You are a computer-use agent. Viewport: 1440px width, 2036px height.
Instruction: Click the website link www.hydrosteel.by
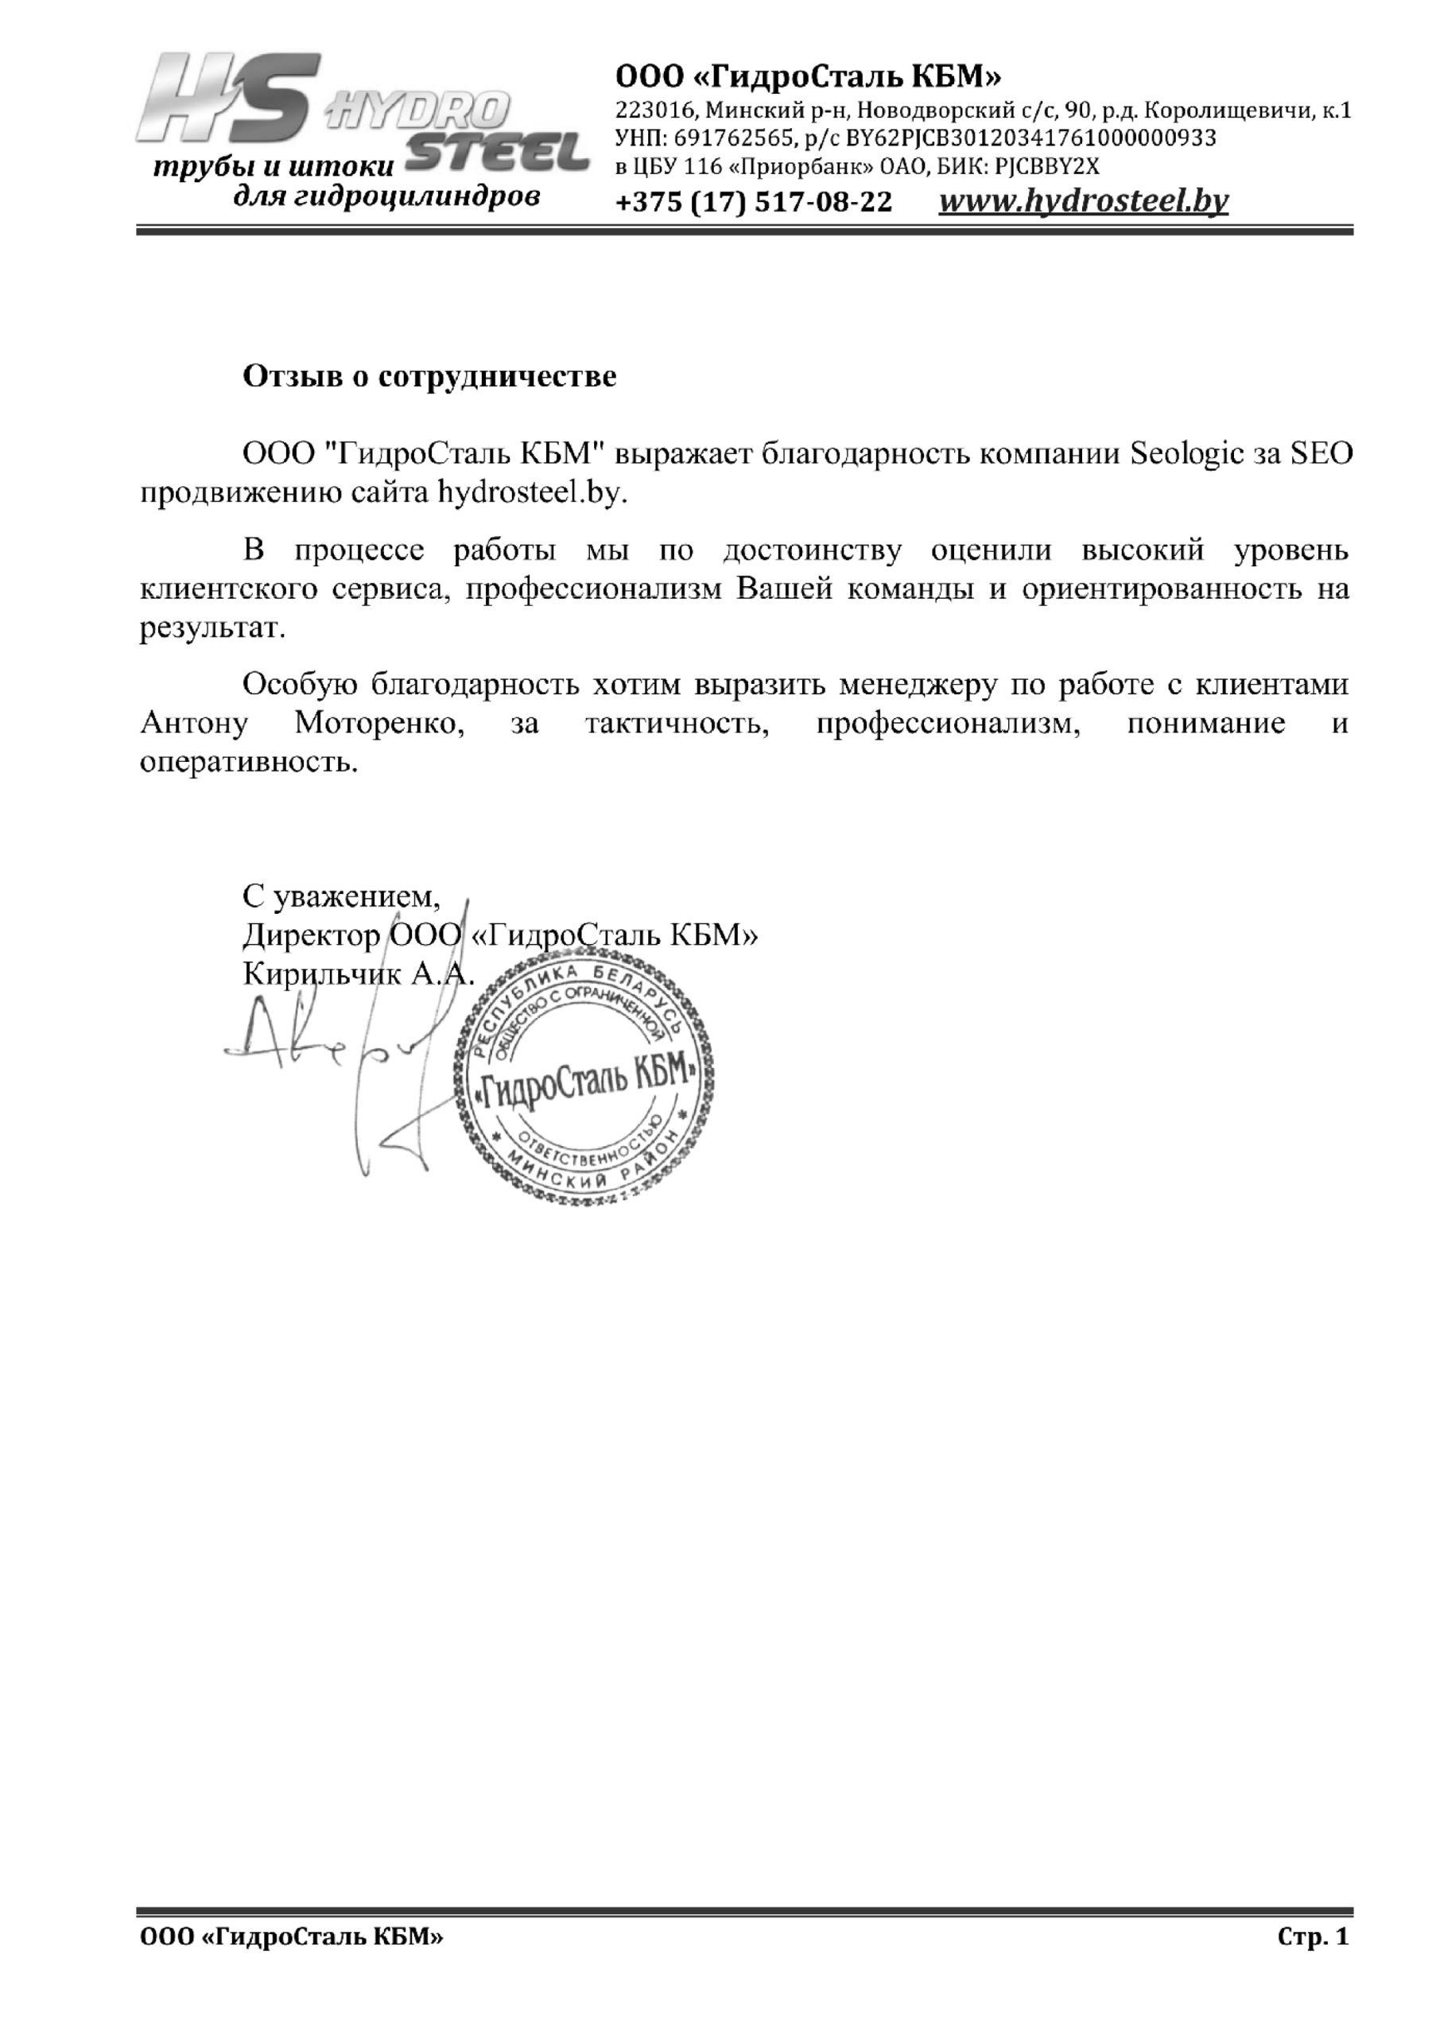(1083, 202)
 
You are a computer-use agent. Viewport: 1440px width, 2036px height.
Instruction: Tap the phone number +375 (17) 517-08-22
(754, 203)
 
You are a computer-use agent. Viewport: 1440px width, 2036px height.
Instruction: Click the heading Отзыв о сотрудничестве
(429, 377)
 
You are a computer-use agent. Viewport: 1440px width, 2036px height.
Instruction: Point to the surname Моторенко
(380, 723)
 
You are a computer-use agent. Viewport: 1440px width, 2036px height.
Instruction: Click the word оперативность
(249, 762)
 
